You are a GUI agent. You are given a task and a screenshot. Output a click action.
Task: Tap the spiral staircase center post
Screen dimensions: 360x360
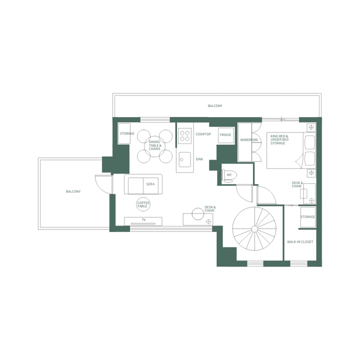pyautogui.click(x=254, y=229)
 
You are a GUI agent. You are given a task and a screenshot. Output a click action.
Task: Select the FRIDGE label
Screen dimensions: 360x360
pyautogui.click(x=225, y=135)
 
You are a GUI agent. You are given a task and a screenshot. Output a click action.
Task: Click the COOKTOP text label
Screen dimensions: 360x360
pyautogui.click(x=203, y=134)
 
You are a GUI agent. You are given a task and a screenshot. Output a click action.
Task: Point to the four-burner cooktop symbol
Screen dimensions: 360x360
pyautogui.click(x=185, y=135)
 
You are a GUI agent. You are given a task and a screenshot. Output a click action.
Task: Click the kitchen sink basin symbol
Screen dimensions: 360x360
pyautogui.click(x=184, y=160)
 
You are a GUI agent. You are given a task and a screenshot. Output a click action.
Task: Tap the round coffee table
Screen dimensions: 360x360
pyautogui.click(x=143, y=203)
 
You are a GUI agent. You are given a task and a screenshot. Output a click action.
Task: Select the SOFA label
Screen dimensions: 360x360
pyautogui.click(x=150, y=184)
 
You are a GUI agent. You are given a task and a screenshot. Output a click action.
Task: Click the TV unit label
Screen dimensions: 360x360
pyautogui.click(x=143, y=220)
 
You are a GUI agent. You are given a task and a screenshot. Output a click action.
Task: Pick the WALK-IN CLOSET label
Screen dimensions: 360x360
pyautogui.click(x=300, y=242)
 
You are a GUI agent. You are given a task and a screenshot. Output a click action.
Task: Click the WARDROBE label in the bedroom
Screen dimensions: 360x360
pyautogui.click(x=248, y=140)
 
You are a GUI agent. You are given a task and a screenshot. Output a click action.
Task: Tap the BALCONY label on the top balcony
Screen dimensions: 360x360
pyautogui.click(x=215, y=106)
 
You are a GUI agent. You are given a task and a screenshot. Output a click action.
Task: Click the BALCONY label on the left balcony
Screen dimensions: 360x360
pyautogui.click(x=73, y=191)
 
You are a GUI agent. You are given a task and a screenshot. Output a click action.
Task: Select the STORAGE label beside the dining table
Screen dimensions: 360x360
pyautogui.click(x=126, y=133)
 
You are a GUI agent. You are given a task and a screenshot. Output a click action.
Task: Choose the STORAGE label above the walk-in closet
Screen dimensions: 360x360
pyautogui.click(x=307, y=217)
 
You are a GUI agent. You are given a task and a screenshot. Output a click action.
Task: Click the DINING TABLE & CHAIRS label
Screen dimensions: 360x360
pyautogui.click(x=155, y=145)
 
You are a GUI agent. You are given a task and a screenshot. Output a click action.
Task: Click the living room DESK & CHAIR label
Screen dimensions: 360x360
pyautogui.click(x=209, y=209)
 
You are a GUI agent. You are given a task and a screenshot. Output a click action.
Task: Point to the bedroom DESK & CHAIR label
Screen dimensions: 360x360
pyautogui.click(x=297, y=184)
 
